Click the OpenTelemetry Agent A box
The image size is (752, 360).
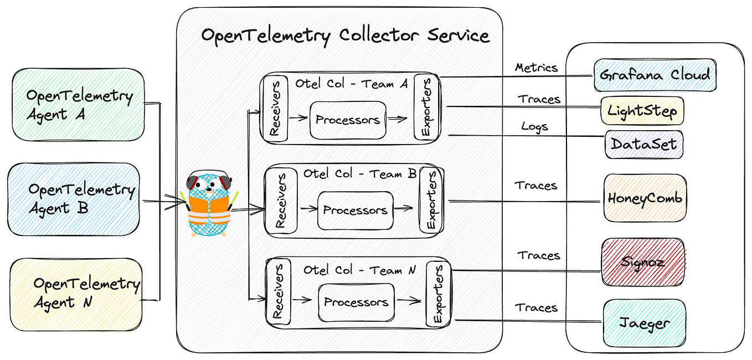(78, 104)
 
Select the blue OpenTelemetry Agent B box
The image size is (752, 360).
(74, 199)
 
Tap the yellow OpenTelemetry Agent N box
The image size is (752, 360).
(76, 294)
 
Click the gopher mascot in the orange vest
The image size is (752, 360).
(209, 205)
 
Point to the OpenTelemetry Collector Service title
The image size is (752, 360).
(345, 36)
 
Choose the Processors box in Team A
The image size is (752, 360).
(348, 120)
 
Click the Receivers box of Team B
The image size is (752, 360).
(281, 201)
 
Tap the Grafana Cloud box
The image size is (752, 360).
(655, 75)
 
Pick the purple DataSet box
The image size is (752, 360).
(643, 144)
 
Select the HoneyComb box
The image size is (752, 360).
(645, 198)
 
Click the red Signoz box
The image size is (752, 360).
(643, 262)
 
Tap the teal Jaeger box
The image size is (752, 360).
(644, 323)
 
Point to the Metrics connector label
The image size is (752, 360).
(536, 68)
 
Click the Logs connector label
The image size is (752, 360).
(534, 126)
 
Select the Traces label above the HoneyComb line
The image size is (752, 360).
(535, 186)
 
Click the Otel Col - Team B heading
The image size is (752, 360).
(360, 174)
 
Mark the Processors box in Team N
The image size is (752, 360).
(356, 302)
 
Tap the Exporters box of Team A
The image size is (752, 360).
(427, 109)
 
